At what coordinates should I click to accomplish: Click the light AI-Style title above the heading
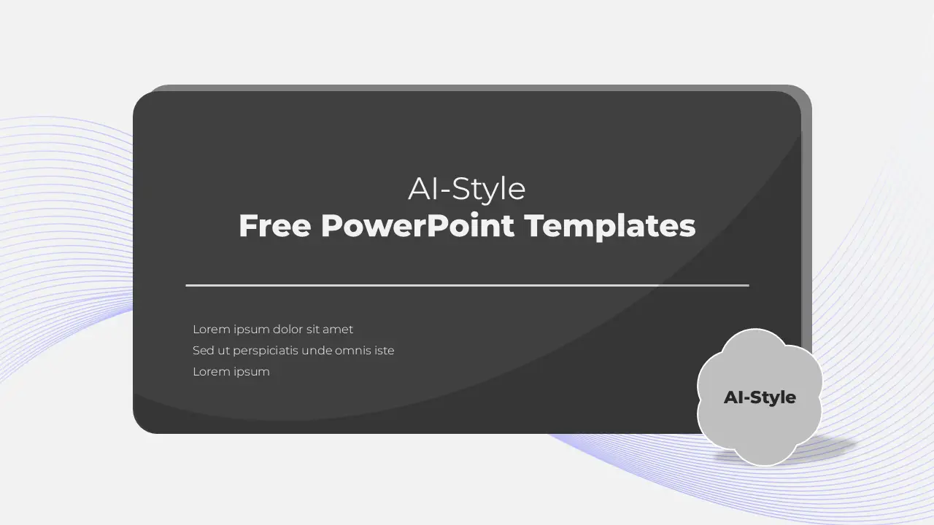click(x=466, y=189)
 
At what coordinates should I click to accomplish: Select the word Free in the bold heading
click(x=275, y=225)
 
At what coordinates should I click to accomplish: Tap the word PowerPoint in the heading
click(x=417, y=225)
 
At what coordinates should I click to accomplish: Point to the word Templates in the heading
click(x=610, y=226)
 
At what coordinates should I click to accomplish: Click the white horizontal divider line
click(x=468, y=285)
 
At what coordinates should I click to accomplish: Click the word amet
click(x=338, y=330)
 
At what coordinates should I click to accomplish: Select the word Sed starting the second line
click(x=203, y=351)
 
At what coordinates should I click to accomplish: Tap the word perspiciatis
click(x=265, y=351)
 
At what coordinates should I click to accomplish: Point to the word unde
click(x=316, y=351)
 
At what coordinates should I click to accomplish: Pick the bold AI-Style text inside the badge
click(x=760, y=397)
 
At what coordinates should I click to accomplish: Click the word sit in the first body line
click(x=313, y=329)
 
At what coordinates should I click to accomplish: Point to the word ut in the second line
click(x=223, y=351)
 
